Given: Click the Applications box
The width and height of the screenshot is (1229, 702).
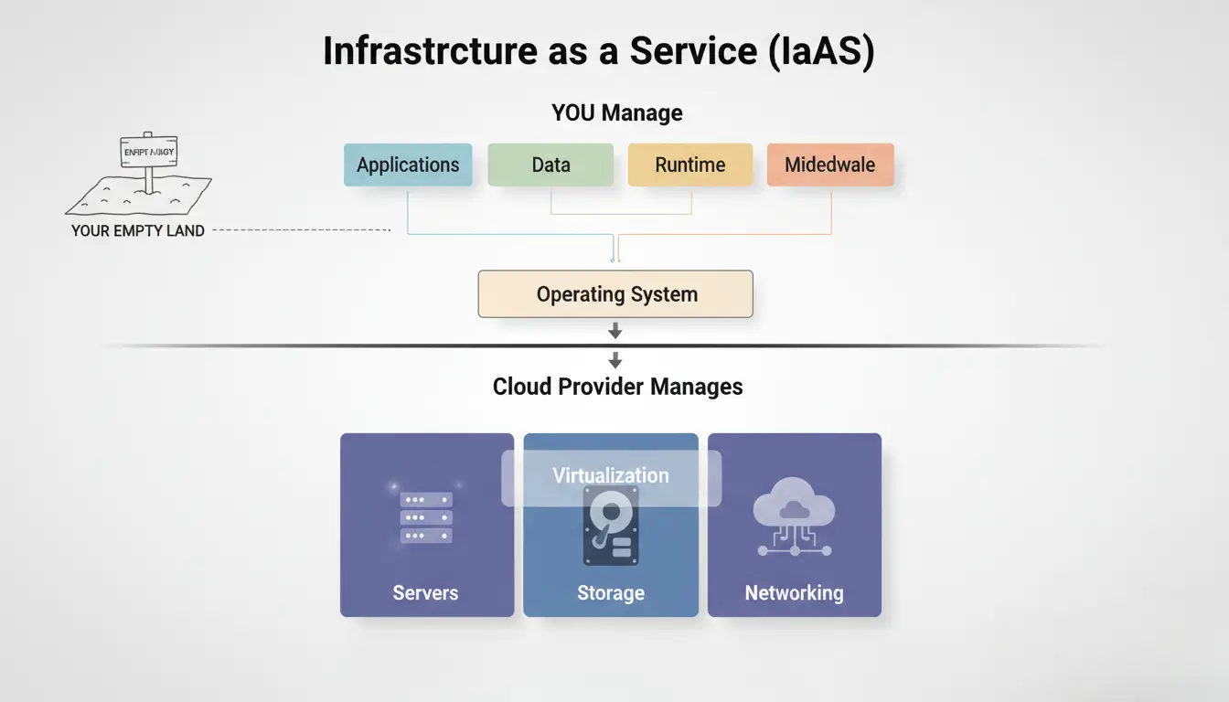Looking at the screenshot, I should click(408, 165).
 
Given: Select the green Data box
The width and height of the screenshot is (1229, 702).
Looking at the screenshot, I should click(550, 165).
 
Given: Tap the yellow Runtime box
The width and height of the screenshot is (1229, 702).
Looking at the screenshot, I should click(690, 165).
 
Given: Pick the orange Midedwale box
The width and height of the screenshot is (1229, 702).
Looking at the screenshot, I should click(829, 165).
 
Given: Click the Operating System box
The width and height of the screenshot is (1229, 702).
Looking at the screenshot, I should click(615, 294).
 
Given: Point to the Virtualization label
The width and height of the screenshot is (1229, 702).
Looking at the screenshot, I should click(611, 476).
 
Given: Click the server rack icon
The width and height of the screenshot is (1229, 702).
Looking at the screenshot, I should click(426, 518).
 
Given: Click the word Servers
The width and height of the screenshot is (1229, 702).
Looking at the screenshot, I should click(425, 593).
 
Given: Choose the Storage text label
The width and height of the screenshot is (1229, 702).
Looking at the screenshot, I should click(611, 593).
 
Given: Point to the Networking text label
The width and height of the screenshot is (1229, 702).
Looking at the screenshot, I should click(794, 593).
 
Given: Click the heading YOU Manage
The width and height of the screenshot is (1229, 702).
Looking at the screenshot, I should click(617, 113).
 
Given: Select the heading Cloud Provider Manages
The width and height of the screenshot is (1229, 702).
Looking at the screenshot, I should click(617, 387).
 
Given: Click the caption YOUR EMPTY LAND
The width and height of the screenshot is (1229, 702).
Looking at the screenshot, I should click(138, 231).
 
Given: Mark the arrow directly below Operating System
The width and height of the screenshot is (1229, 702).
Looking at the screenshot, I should click(615, 330).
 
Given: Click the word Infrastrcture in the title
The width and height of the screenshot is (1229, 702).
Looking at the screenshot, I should click(430, 52).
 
